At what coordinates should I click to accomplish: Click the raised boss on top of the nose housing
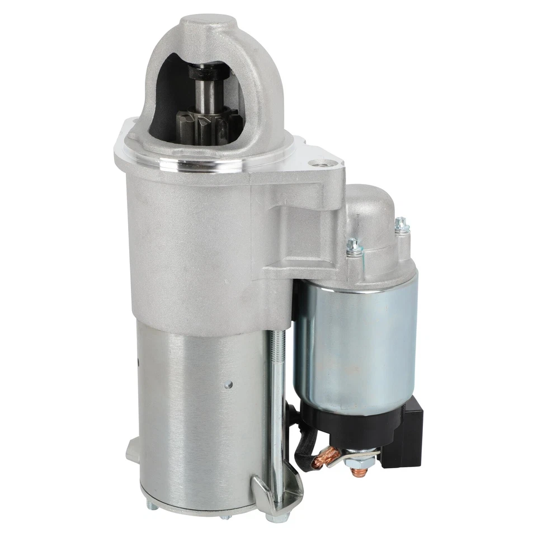207,25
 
